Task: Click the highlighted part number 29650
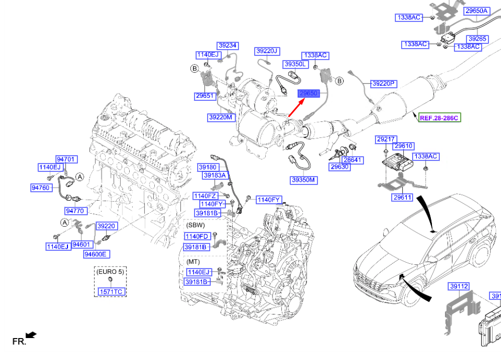pos(308,94)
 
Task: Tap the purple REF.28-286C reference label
pos(439,118)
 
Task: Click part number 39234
pos(227,45)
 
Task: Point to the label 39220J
pos(267,51)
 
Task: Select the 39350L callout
pos(295,64)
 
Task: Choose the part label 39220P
pos(384,84)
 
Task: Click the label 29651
pos(204,96)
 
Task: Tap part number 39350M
pos(304,180)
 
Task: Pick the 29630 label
pos(339,167)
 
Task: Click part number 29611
pos(403,197)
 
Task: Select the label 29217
pos(385,139)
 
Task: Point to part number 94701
pos(66,159)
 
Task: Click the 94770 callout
pos(75,211)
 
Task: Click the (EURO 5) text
pos(110,272)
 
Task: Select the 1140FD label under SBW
pos(196,236)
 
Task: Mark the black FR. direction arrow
pos(31,334)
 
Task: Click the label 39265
pos(477,39)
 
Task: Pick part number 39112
pos(458,286)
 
